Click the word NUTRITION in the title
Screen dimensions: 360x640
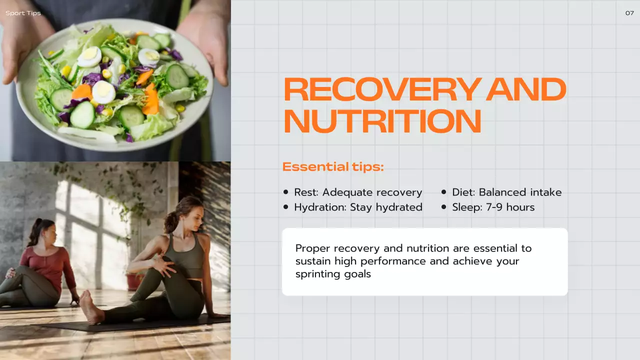(x=382, y=121)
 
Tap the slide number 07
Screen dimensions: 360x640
(x=629, y=13)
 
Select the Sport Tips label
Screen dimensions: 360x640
(x=23, y=13)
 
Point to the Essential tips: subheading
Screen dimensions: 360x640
(x=333, y=167)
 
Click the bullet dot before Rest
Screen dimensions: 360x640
(x=286, y=192)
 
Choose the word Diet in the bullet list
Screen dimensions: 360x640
(x=463, y=192)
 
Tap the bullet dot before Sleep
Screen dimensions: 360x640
(x=443, y=207)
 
